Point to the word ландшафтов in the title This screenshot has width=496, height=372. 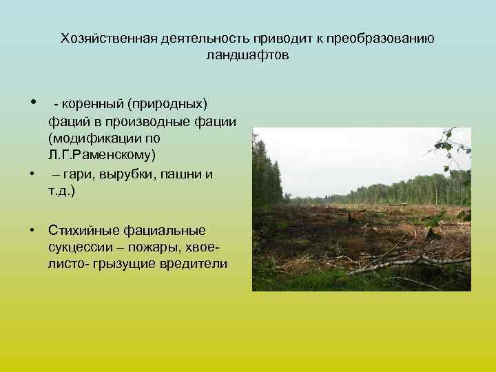coord(247,54)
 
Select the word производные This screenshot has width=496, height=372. coord(154,121)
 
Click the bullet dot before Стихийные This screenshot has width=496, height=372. coord(32,230)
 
